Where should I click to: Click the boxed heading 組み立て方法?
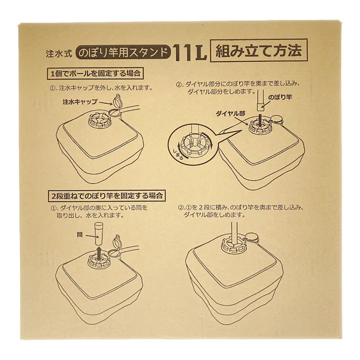click(x=258, y=51)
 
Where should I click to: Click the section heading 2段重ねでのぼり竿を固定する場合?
click(x=108, y=195)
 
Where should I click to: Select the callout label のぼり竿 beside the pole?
click(x=280, y=96)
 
